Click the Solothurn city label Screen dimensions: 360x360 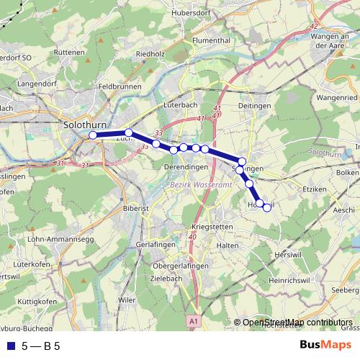86,124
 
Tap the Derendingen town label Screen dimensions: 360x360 186,167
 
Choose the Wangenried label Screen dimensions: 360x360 336,96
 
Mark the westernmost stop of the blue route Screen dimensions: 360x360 92,135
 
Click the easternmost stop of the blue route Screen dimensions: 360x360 267,208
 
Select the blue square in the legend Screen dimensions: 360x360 9,346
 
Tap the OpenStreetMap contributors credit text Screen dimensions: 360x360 297,323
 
